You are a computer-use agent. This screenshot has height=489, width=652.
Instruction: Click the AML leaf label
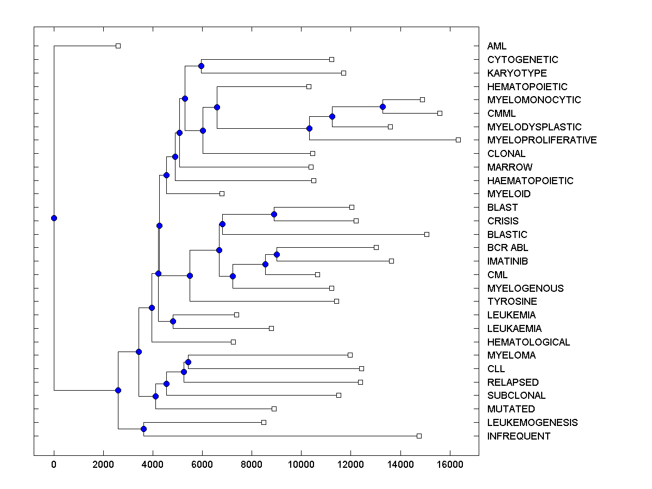tap(497, 46)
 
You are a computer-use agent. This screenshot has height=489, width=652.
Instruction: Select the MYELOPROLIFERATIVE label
tap(542, 140)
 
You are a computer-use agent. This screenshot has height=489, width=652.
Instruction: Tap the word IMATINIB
tap(507, 261)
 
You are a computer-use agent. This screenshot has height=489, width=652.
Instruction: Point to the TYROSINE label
tap(512, 302)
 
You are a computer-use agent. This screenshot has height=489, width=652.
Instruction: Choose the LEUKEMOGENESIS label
tap(532, 423)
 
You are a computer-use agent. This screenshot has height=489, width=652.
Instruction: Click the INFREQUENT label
tap(518, 436)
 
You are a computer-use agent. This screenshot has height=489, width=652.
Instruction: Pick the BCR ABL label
tap(507, 248)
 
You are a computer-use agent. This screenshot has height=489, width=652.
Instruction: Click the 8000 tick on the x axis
tap(252, 464)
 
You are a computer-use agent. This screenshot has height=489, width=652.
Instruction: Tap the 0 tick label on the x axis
tap(54, 464)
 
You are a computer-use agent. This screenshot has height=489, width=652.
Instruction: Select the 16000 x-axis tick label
tap(450, 464)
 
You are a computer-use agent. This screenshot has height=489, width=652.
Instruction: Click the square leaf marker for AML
tap(118, 46)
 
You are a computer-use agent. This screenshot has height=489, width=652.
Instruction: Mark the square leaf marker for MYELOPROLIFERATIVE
tap(458, 140)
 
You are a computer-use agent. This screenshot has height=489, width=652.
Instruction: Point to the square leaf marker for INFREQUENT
tap(419, 436)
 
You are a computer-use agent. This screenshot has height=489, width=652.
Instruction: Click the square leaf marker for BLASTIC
tap(427, 234)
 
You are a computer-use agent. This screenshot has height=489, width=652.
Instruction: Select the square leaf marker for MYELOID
tap(222, 193)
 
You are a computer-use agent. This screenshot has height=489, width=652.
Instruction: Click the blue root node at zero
tap(54, 218)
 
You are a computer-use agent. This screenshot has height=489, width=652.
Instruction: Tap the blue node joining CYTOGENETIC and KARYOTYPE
tap(201, 66)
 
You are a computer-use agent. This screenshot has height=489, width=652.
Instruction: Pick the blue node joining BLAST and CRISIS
tap(274, 214)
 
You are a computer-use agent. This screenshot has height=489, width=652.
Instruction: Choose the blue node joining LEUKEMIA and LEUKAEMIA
tap(173, 321)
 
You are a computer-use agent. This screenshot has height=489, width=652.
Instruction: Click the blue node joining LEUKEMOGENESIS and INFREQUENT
tap(143, 429)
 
